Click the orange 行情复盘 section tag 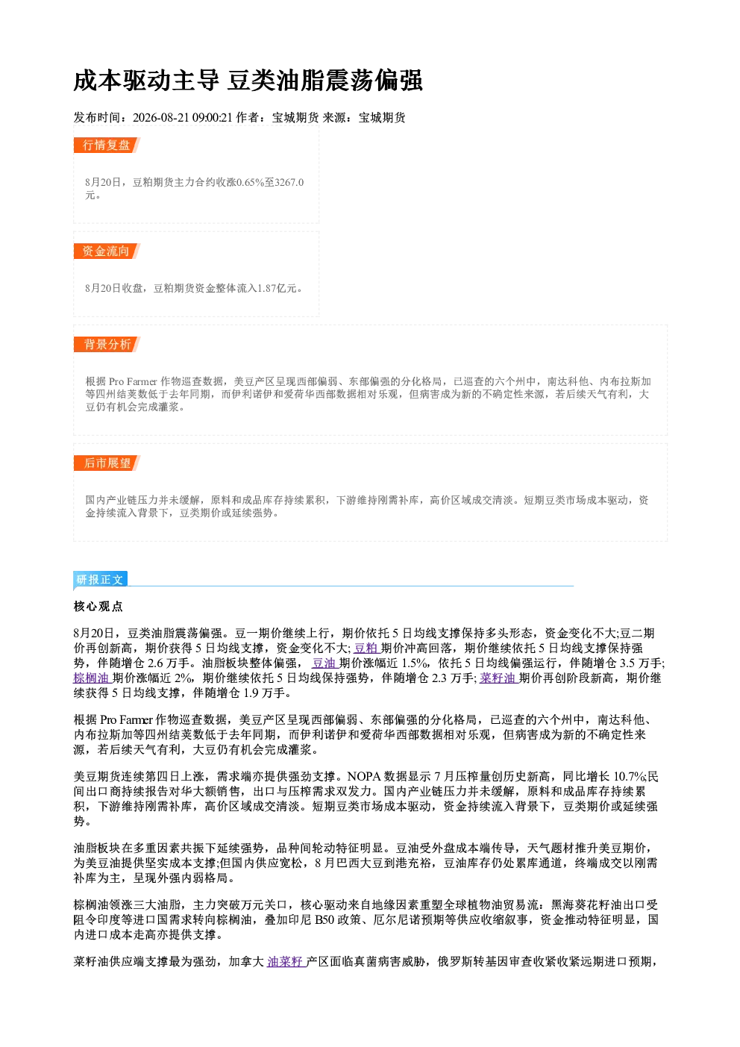[107, 145]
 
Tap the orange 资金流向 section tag [107, 251]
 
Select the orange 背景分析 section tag [107, 345]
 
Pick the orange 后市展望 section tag [107, 463]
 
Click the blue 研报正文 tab [100, 580]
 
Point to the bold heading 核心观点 [98, 607]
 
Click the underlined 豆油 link [324, 663]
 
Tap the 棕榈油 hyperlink [92, 678]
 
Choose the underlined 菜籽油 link [498, 678]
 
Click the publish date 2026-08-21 [160, 117]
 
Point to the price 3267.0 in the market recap [289, 182]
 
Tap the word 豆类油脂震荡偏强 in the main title [325, 81]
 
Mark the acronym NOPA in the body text [363, 777]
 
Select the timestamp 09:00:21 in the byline [212, 117]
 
